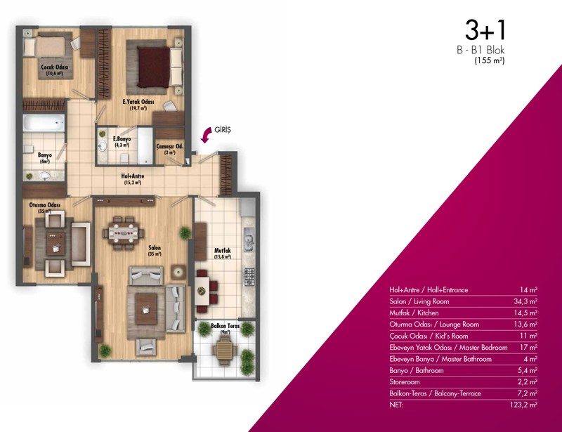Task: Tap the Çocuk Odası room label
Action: [55, 67]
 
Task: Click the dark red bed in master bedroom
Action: [153, 67]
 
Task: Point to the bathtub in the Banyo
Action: [44, 123]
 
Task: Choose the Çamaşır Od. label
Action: [170, 146]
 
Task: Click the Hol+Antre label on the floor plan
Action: [133, 176]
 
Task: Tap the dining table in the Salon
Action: [124, 233]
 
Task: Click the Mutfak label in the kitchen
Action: [222, 251]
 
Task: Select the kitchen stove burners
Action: [249, 277]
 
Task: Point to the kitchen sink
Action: [249, 240]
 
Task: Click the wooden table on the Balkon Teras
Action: [225, 348]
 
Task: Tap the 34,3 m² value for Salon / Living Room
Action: [525, 301]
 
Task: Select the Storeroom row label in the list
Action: [405, 382]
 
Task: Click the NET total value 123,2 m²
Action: [523, 405]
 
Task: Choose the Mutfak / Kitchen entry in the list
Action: [414, 313]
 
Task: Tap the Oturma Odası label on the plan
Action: [44, 205]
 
